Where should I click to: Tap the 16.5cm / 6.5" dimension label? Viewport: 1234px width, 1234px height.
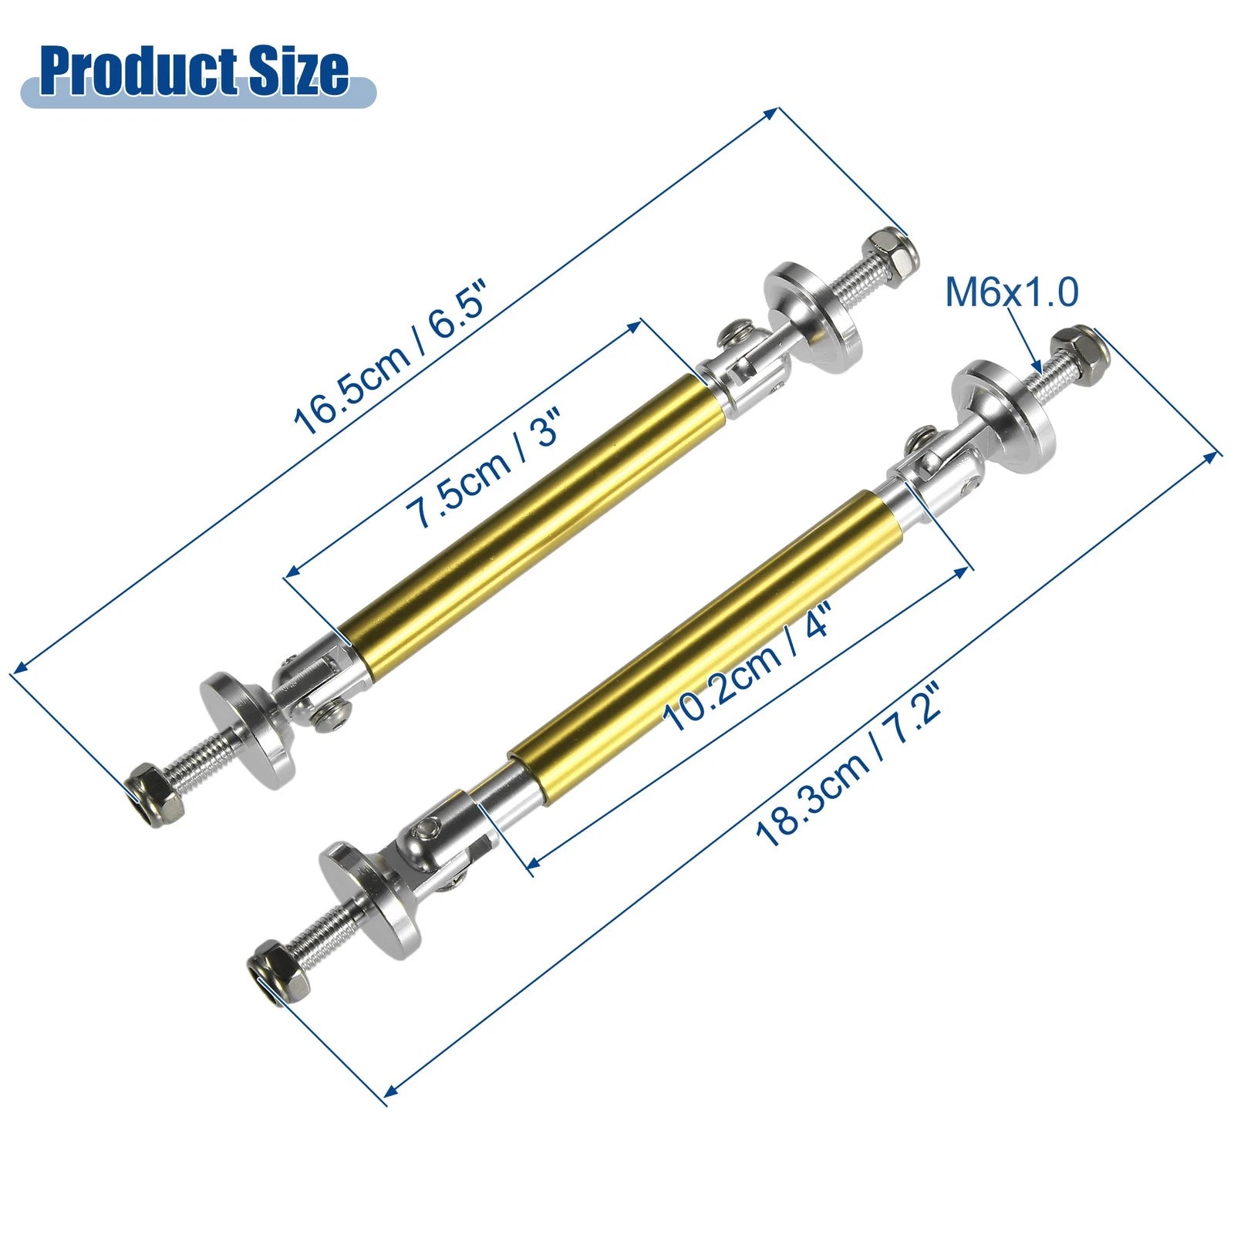coord(393,359)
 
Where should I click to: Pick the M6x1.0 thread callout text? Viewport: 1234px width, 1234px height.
coord(1012,292)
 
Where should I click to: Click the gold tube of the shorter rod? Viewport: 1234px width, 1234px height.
coord(533,528)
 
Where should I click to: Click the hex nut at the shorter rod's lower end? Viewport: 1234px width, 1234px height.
coord(155,794)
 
